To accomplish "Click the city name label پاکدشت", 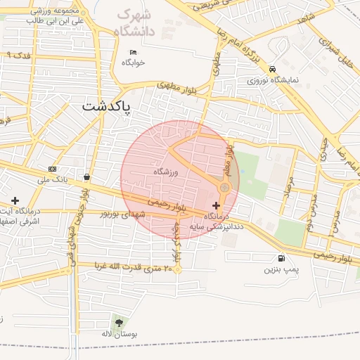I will [106, 106].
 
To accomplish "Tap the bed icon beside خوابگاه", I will [134, 52].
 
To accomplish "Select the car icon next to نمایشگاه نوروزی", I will [272, 69].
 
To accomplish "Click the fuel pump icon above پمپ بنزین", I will [282, 259].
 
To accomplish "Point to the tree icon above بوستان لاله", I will [116, 322].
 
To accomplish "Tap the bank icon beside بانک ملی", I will [53, 169].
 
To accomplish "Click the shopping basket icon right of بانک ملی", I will [86, 177].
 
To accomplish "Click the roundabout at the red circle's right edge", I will [224, 187].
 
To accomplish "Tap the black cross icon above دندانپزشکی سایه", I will [215, 205].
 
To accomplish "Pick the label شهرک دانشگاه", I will [135, 22].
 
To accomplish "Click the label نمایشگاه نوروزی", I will [273, 80].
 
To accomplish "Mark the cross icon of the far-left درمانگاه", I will [15, 181].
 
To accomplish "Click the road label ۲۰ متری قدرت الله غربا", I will [128, 267].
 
